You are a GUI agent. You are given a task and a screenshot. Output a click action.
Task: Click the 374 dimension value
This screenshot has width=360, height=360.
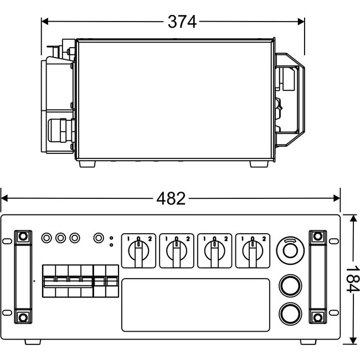pyautogui.click(x=182, y=22)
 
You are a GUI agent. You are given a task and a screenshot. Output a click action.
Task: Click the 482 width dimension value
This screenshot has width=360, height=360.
pyautogui.click(x=171, y=199)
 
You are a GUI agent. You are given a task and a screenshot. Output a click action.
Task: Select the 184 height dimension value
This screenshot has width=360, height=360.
pyautogui.click(x=352, y=279)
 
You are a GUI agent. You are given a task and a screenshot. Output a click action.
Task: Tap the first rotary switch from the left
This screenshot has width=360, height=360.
pyautogui.click(x=138, y=251)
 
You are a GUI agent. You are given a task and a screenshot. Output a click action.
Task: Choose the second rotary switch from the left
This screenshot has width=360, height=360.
pyautogui.click(x=177, y=251)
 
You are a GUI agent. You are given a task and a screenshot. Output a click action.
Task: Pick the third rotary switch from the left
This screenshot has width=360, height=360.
pyautogui.click(x=215, y=251)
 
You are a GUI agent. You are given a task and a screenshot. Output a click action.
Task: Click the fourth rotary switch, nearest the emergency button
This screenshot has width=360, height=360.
pyautogui.click(x=253, y=251)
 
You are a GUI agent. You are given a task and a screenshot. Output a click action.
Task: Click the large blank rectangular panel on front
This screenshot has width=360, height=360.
pyautogui.click(x=196, y=305)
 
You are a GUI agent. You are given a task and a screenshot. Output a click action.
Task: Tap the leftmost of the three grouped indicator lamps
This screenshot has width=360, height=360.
pyautogui.click(x=47, y=238)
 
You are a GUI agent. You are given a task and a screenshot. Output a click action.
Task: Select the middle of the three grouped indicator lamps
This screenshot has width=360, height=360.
pyautogui.click(x=60, y=238)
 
